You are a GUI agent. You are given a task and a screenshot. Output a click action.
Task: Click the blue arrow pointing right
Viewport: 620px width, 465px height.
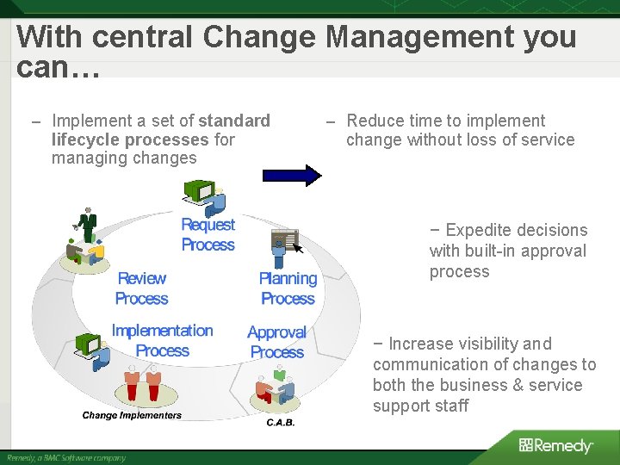292,175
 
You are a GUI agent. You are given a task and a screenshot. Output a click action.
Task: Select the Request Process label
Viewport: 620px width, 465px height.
208,235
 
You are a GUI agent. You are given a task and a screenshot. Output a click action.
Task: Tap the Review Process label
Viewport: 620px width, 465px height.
141,288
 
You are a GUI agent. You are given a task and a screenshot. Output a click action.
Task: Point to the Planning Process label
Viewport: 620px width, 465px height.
288,288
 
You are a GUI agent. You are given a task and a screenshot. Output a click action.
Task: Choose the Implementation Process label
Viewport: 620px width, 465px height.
162,341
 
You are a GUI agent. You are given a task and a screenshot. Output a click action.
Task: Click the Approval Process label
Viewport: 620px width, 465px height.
276,342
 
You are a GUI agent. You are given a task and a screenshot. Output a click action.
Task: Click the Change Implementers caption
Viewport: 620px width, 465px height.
132,415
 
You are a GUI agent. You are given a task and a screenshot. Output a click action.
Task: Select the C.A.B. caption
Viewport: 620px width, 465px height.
280,423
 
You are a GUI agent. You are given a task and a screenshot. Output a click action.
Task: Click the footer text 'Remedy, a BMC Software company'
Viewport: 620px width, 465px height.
66,457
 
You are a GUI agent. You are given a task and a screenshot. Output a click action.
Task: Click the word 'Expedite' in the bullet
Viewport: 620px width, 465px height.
478,230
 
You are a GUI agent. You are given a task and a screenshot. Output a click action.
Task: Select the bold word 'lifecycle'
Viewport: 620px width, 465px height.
85,139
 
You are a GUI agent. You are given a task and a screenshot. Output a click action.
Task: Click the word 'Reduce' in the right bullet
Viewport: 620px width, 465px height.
373,121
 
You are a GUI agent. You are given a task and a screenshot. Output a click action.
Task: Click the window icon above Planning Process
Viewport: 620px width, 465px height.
285,239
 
